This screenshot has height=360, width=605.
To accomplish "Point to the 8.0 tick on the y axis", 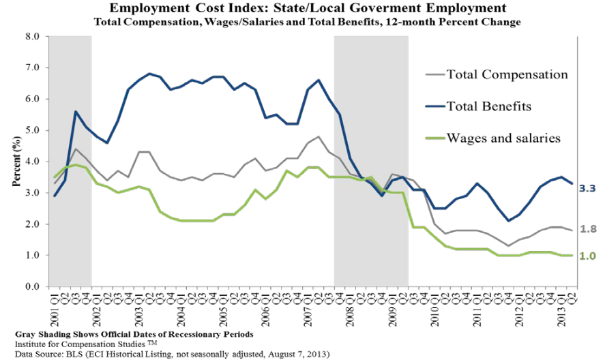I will [x=31, y=36].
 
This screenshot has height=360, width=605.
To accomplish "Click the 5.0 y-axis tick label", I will [x=31, y=130].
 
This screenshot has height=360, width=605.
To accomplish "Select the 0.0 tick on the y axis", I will [x=31, y=286].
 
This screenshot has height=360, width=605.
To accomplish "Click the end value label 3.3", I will [x=588, y=187].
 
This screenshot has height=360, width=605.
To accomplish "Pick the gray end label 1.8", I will [x=588, y=229].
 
